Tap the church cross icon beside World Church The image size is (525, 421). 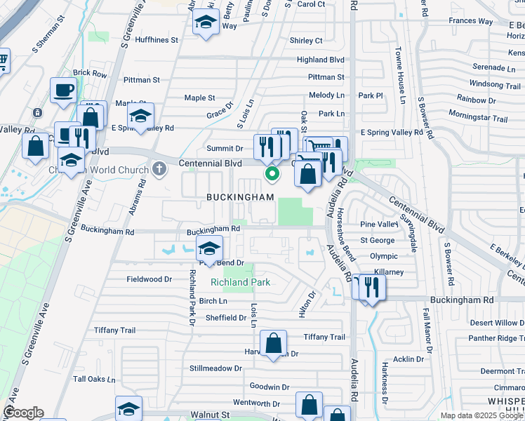pyautogui.click(x=159, y=169)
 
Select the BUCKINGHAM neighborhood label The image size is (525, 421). pyautogui.click(x=240, y=197)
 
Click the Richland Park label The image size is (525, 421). pyautogui.click(x=241, y=283)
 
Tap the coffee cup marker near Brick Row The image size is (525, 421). pyautogui.click(x=64, y=91)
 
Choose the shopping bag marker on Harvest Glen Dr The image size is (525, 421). pyautogui.click(x=273, y=344)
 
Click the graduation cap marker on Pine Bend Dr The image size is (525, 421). pyautogui.click(x=208, y=249)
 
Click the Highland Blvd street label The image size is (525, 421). pyautogui.click(x=321, y=60)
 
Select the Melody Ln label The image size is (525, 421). pyautogui.click(x=327, y=95)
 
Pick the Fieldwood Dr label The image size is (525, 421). pyautogui.click(x=149, y=279)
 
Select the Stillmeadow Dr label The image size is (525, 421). pyautogui.click(x=215, y=368)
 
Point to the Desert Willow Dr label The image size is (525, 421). pyautogui.click(x=496, y=323)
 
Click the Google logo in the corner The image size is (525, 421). pyautogui.click(x=24, y=413)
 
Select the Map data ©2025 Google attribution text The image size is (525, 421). pyautogui.click(x=480, y=415)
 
